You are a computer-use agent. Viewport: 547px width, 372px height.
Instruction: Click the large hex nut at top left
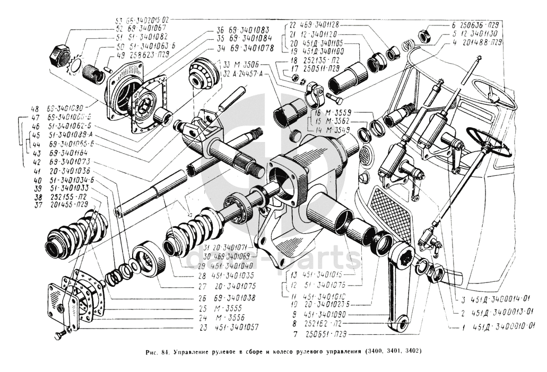[59, 55]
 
